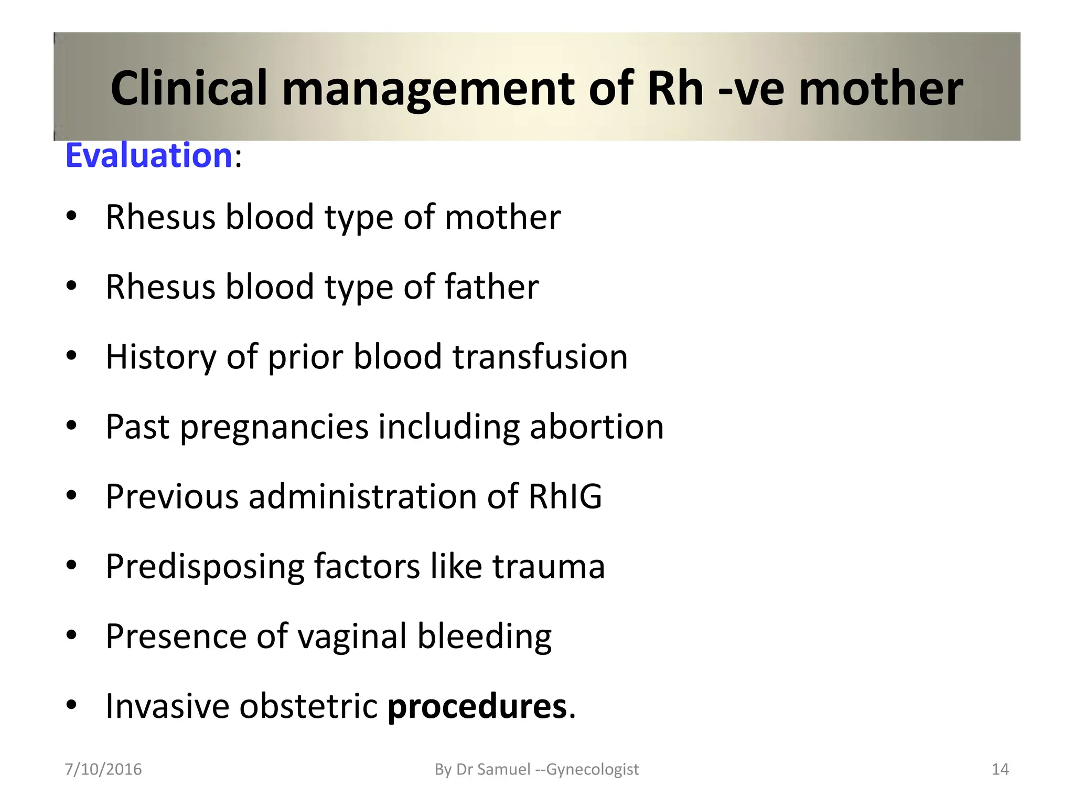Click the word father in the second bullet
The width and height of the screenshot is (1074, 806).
(491, 287)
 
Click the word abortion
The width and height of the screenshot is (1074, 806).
(596, 427)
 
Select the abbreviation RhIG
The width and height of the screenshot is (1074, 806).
(565, 496)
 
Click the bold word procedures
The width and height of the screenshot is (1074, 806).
(477, 706)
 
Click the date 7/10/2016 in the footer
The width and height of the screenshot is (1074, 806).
(103, 769)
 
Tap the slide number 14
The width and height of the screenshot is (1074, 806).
(1000, 769)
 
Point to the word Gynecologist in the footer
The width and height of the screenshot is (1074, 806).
(593, 769)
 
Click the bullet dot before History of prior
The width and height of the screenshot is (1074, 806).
(72, 356)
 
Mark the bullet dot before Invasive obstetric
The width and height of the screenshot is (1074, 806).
(72, 705)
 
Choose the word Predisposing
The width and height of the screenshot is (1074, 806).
(205, 567)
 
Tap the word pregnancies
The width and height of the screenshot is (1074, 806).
(274, 427)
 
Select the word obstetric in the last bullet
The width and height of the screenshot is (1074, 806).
(308, 706)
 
